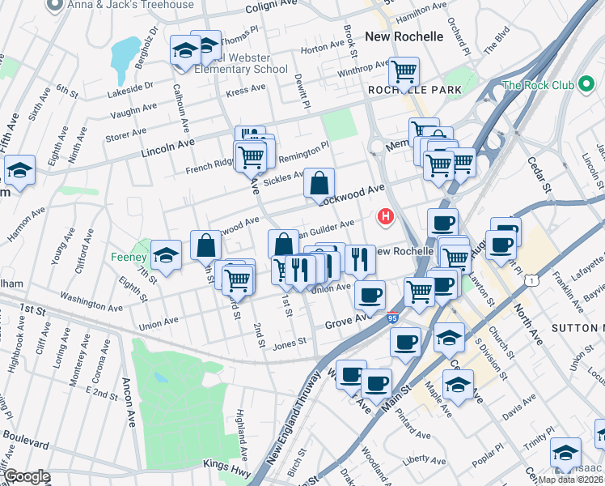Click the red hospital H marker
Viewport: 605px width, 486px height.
coord(386,216)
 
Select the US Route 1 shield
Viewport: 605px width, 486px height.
coord(530,279)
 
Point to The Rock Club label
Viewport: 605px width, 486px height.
coord(538,85)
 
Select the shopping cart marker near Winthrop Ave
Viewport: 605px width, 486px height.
coord(403,72)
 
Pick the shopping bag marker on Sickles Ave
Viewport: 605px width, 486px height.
coord(319,183)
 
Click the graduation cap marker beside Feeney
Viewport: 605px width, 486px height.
coord(166,255)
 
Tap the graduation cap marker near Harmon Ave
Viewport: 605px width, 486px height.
coord(19,170)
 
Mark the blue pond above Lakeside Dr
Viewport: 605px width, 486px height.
coord(125,53)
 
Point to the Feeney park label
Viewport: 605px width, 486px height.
coord(127,258)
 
